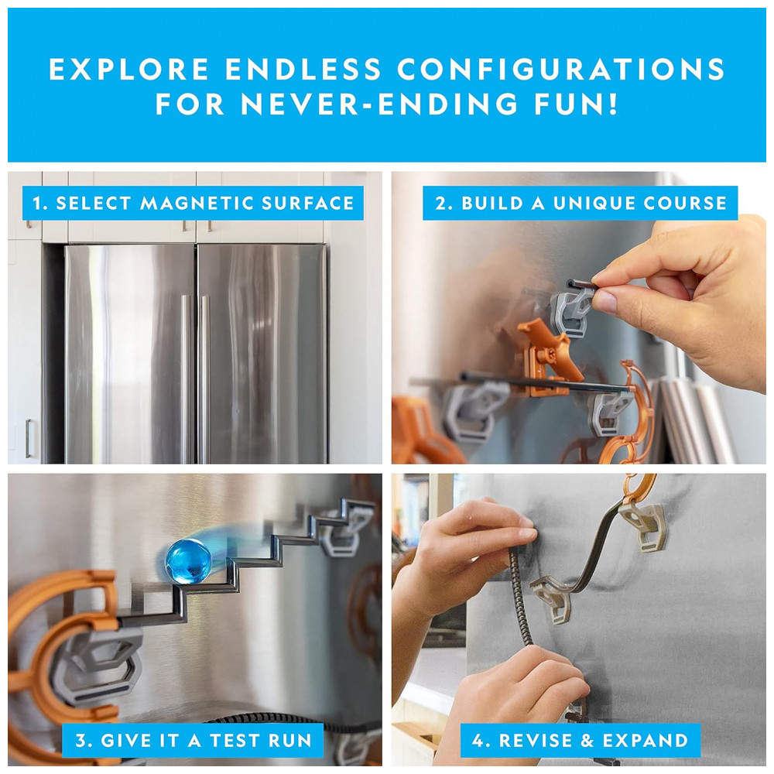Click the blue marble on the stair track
(x=188, y=561)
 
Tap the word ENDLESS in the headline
(x=303, y=69)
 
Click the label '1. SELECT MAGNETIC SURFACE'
(x=193, y=203)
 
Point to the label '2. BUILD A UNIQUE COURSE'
(x=580, y=203)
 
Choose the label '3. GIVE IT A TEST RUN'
(x=193, y=741)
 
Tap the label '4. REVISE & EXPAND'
(x=580, y=741)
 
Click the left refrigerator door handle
(x=185, y=378)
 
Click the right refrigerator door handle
(x=204, y=378)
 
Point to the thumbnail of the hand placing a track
(x=578, y=318)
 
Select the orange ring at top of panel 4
(x=641, y=490)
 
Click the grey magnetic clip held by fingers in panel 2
(x=573, y=311)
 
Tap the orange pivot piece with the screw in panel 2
(x=548, y=358)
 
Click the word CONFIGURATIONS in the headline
(x=560, y=69)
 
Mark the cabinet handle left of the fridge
(x=29, y=438)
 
